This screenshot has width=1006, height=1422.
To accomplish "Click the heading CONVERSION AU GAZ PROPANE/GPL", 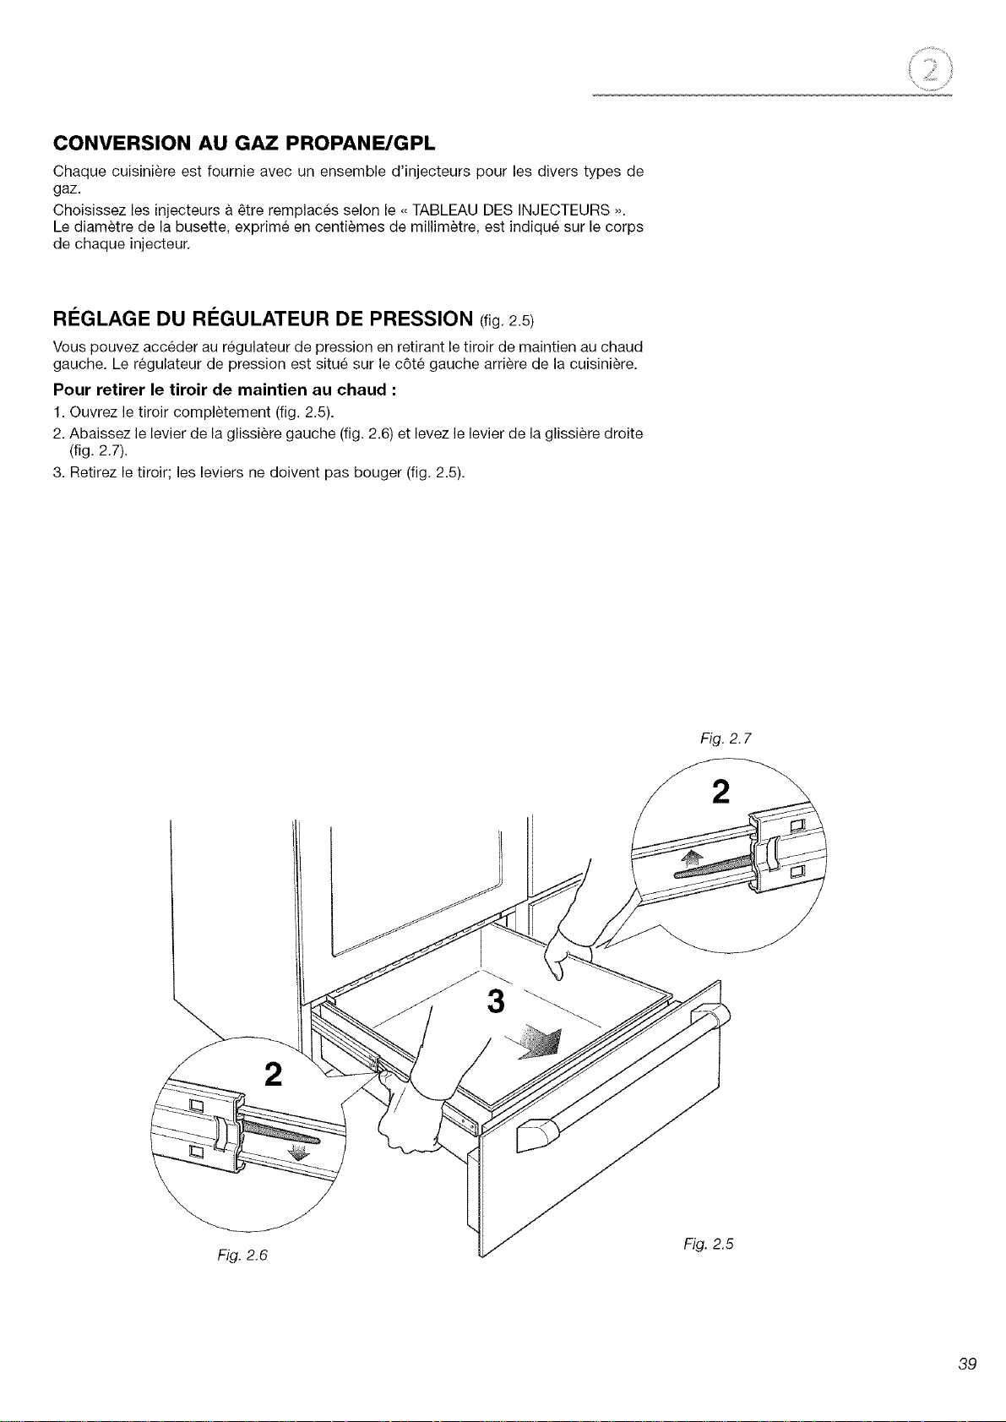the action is click(244, 144).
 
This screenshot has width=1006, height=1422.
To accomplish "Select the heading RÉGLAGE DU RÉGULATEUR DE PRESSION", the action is click(263, 318).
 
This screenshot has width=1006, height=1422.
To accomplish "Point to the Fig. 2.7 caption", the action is click(726, 738).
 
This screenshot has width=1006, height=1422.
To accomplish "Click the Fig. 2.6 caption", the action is click(242, 1255).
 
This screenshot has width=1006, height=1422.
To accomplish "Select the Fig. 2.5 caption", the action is click(709, 1244).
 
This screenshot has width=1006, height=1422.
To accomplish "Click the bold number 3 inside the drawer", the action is click(496, 1001).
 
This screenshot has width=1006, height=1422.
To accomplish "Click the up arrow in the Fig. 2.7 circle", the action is click(693, 860).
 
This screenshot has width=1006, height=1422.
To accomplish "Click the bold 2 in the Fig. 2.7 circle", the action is click(721, 792).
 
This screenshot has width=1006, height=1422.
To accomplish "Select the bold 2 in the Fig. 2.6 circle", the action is click(273, 1074).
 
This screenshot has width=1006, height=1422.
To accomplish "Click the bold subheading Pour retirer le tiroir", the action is click(226, 390).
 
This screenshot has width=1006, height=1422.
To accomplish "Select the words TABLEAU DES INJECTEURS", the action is click(511, 210).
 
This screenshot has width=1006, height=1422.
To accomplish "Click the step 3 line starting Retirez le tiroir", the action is click(259, 473).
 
